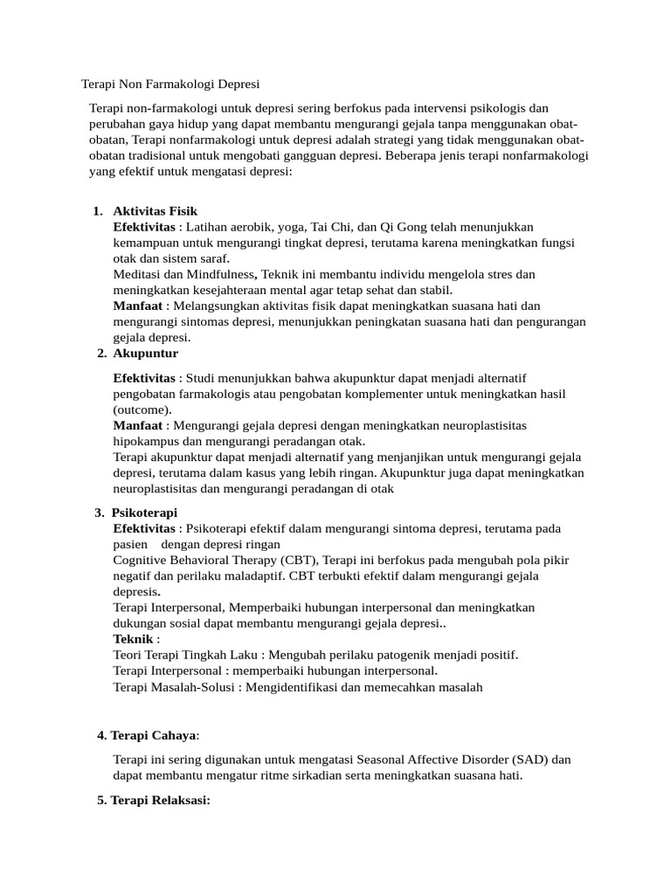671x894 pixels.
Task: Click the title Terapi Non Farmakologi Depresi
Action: (x=170, y=85)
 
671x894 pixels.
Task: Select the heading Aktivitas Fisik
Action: (x=155, y=211)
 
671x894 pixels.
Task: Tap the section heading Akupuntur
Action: (x=145, y=354)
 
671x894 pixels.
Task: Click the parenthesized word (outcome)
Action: (x=142, y=409)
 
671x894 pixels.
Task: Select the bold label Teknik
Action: (x=134, y=640)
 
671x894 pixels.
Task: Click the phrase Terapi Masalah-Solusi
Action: (x=176, y=687)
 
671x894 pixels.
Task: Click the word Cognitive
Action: (x=141, y=560)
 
